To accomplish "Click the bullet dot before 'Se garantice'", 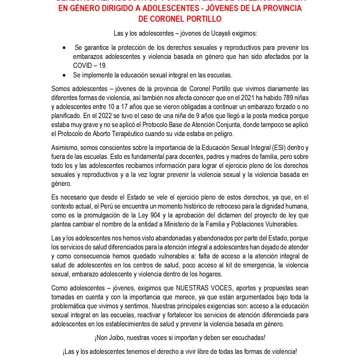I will (x=65, y=48).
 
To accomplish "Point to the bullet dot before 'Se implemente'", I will (x=65, y=75).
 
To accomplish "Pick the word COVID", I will (x=82, y=65).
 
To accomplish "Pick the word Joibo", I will (x=115, y=338).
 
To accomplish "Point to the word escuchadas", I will (x=248, y=338).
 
